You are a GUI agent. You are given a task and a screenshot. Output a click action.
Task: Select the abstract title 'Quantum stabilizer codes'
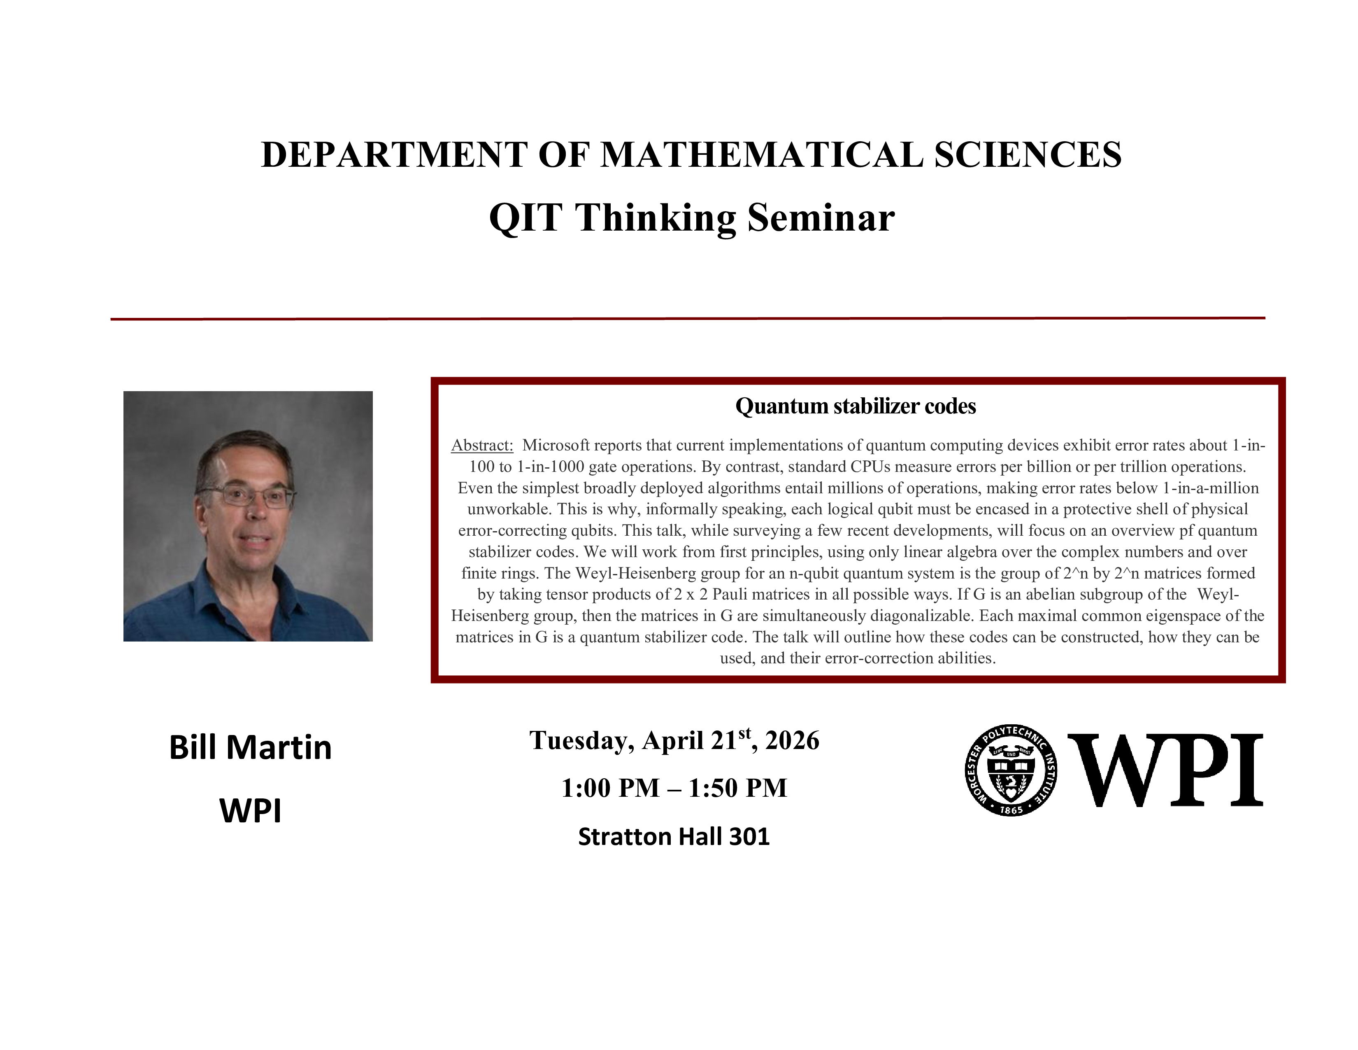coord(855,406)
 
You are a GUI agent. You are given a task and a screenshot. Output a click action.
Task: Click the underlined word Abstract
coord(482,446)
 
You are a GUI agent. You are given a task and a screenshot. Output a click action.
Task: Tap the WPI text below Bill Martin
coord(250,810)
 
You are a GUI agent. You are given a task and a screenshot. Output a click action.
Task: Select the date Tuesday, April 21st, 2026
coord(674,740)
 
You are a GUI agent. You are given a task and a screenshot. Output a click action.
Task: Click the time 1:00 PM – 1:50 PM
coord(674,788)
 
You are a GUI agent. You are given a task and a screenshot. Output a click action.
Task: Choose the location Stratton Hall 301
coord(674,837)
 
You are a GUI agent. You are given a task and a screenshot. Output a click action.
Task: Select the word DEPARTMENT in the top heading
coord(394,155)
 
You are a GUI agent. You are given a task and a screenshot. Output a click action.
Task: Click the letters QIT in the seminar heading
coord(526,218)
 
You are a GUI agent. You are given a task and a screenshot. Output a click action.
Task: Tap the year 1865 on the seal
coord(1011,810)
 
